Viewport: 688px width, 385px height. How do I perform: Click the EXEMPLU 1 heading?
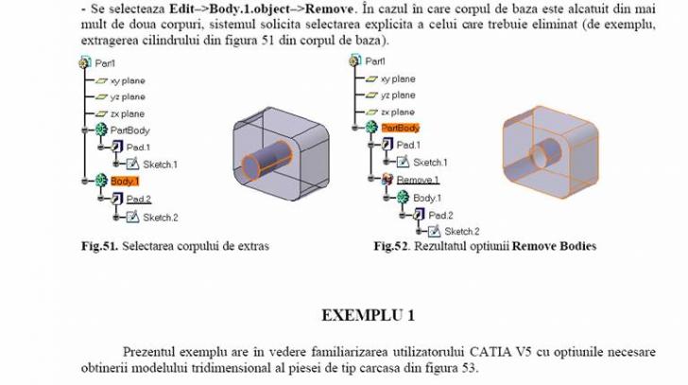click(368, 314)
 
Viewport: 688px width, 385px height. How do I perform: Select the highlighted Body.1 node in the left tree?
click(125, 180)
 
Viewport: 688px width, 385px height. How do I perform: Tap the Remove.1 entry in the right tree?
click(417, 180)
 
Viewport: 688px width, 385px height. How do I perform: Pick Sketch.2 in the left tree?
click(160, 217)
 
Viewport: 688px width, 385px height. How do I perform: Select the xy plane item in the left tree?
click(128, 79)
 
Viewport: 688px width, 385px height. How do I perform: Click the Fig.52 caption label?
click(393, 247)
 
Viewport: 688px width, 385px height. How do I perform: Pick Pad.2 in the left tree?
click(139, 199)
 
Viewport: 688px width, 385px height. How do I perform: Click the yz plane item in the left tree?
click(128, 96)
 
